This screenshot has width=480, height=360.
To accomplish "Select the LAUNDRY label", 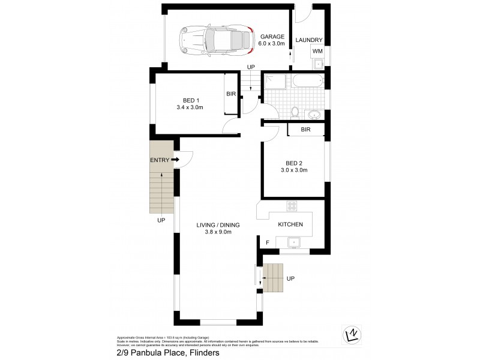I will point(309,40).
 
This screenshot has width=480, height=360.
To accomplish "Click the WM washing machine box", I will point(316,52).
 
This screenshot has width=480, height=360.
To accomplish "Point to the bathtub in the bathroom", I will point(307,81).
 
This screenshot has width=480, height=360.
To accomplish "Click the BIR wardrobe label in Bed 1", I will point(231,94).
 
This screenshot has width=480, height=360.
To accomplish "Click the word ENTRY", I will point(159,160).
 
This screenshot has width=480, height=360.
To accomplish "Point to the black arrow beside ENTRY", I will point(175,160).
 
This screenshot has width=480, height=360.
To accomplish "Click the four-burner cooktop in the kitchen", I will point(293,206).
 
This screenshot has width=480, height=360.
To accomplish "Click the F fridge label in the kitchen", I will point(268,242).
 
